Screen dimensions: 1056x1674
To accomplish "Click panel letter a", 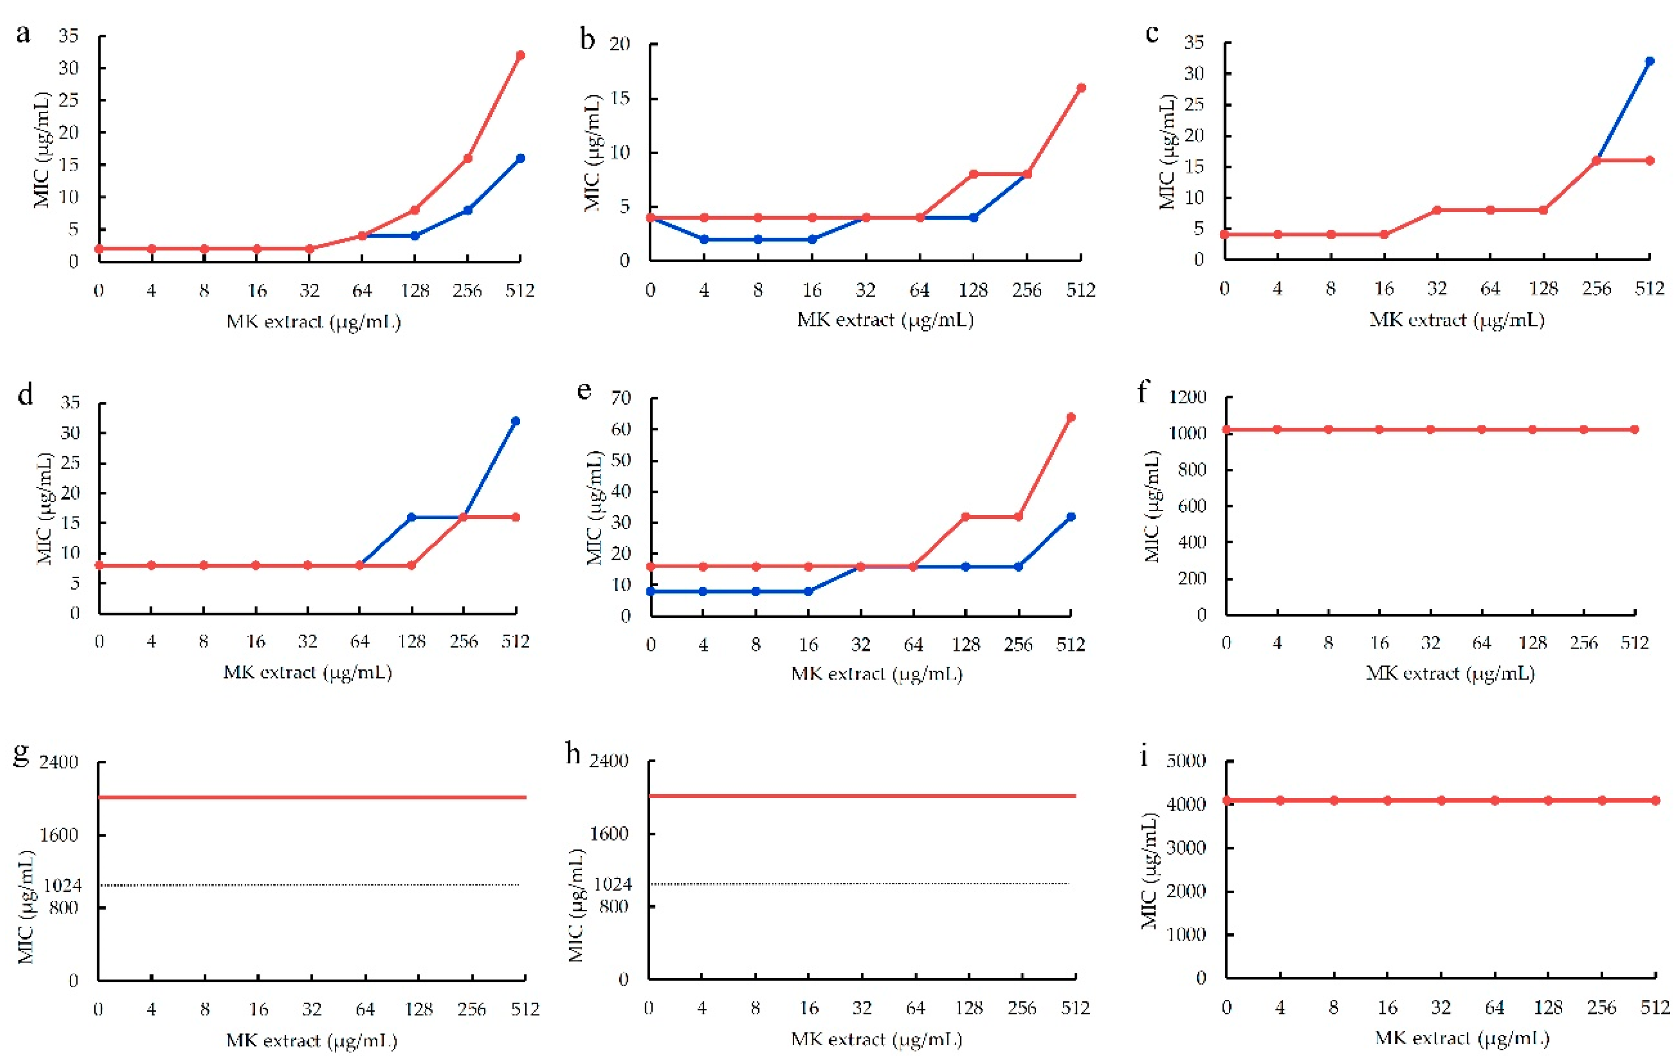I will point(23,33).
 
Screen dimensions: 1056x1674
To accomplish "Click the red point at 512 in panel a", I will point(520,55).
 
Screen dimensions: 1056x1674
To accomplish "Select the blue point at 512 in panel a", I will point(520,158).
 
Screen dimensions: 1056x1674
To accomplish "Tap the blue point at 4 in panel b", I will point(704,239).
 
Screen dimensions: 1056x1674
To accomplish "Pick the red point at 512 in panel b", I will point(1081,88).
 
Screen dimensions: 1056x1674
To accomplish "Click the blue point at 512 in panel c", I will point(1649,61).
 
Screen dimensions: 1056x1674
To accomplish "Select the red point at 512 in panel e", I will point(1070,417).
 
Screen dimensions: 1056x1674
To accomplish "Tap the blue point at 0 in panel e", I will point(651,591).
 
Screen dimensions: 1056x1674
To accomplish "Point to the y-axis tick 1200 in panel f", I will point(1187,397).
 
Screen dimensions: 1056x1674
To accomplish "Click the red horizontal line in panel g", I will point(313,798).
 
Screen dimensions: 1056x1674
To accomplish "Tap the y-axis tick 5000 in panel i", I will point(1186,761).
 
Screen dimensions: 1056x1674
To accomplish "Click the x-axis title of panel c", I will point(1457,321).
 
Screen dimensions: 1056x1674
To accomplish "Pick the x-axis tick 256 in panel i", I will point(1602,1007).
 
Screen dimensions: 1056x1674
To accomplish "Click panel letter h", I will point(573,753).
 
